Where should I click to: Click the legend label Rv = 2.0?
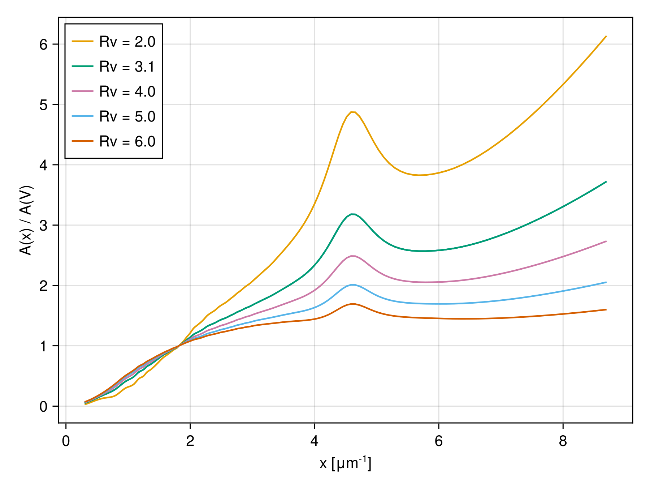click(x=127, y=42)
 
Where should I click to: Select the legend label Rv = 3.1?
click(x=127, y=67)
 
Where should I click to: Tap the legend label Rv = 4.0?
click(x=127, y=92)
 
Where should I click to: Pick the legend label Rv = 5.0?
click(x=127, y=117)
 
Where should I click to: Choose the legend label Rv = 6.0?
click(x=127, y=142)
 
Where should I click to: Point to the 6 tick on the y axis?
click(x=43, y=44)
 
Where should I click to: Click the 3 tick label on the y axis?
click(x=43, y=226)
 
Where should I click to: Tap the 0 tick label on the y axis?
click(x=43, y=407)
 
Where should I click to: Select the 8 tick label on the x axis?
click(x=563, y=441)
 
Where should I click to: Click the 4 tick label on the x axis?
click(x=314, y=441)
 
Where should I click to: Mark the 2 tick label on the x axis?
click(x=190, y=441)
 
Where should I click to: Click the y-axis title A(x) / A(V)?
click(x=26, y=220)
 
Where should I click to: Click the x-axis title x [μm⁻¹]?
click(x=345, y=463)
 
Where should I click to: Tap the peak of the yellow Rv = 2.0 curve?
click(x=353, y=112)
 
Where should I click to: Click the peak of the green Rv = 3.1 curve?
click(x=353, y=214)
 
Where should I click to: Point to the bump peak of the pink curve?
click(x=353, y=256)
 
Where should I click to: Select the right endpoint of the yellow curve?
click(x=606, y=36)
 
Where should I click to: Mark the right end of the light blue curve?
click(x=606, y=282)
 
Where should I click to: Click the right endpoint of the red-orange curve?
click(x=606, y=309)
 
